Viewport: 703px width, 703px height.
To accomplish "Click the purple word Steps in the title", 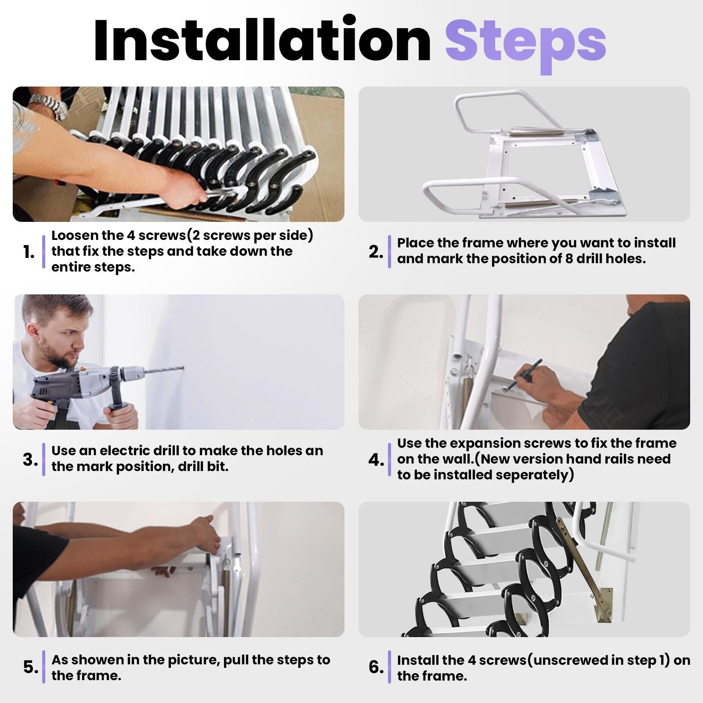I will click(525, 42).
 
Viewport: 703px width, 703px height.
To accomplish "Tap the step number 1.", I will click(29, 252).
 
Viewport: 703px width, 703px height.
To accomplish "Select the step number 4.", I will click(376, 460).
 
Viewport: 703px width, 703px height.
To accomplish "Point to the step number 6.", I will click(376, 667).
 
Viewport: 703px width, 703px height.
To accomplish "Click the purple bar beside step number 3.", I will click(44, 460).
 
